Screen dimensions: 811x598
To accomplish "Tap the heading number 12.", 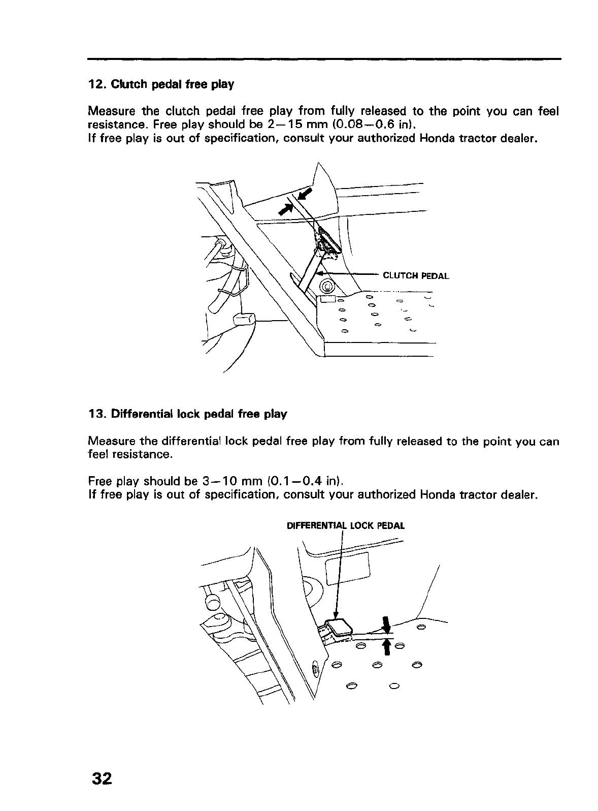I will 95,84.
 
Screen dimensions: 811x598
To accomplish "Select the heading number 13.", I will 95,414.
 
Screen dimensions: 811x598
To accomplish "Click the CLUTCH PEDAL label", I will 416,276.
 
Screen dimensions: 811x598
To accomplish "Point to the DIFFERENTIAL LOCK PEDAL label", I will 346,526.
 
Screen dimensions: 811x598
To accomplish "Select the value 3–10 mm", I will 230,481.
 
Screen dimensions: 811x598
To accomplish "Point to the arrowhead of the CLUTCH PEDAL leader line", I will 319,274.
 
